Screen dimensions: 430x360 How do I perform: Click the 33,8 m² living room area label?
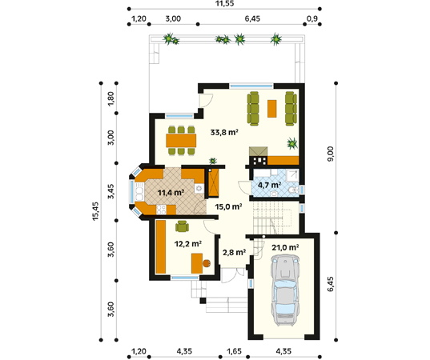click(x=224, y=132)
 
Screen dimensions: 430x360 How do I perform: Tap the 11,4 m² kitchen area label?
click(x=171, y=193)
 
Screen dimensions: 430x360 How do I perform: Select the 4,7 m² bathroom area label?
click(x=270, y=185)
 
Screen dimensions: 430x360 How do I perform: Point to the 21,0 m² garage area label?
click(x=285, y=248)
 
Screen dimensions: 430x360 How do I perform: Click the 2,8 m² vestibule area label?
click(x=234, y=252)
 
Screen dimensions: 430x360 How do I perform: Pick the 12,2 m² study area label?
click(x=188, y=243)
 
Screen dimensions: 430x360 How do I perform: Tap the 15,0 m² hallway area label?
click(x=228, y=206)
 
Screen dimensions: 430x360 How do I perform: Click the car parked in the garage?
click(x=284, y=290)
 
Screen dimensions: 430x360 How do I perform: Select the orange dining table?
click(x=181, y=141)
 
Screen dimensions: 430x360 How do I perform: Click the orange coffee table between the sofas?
click(x=271, y=109)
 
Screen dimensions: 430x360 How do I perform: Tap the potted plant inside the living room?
click(x=292, y=143)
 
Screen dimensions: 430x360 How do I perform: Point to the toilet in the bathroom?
click(x=293, y=190)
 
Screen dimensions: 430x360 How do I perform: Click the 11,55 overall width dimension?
click(x=224, y=3)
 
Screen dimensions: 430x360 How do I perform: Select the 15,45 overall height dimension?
click(x=95, y=211)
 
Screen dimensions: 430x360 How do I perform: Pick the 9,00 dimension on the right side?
click(x=331, y=154)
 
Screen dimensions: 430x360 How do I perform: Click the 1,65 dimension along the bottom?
click(x=234, y=351)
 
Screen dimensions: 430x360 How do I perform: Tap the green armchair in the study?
click(x=182, y=226)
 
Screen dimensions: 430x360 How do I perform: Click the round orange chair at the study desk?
click(x=207, y=263)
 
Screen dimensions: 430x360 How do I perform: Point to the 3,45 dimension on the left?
click(x=111, y=191)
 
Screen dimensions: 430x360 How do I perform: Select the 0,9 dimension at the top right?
click(x=312, y=18)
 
